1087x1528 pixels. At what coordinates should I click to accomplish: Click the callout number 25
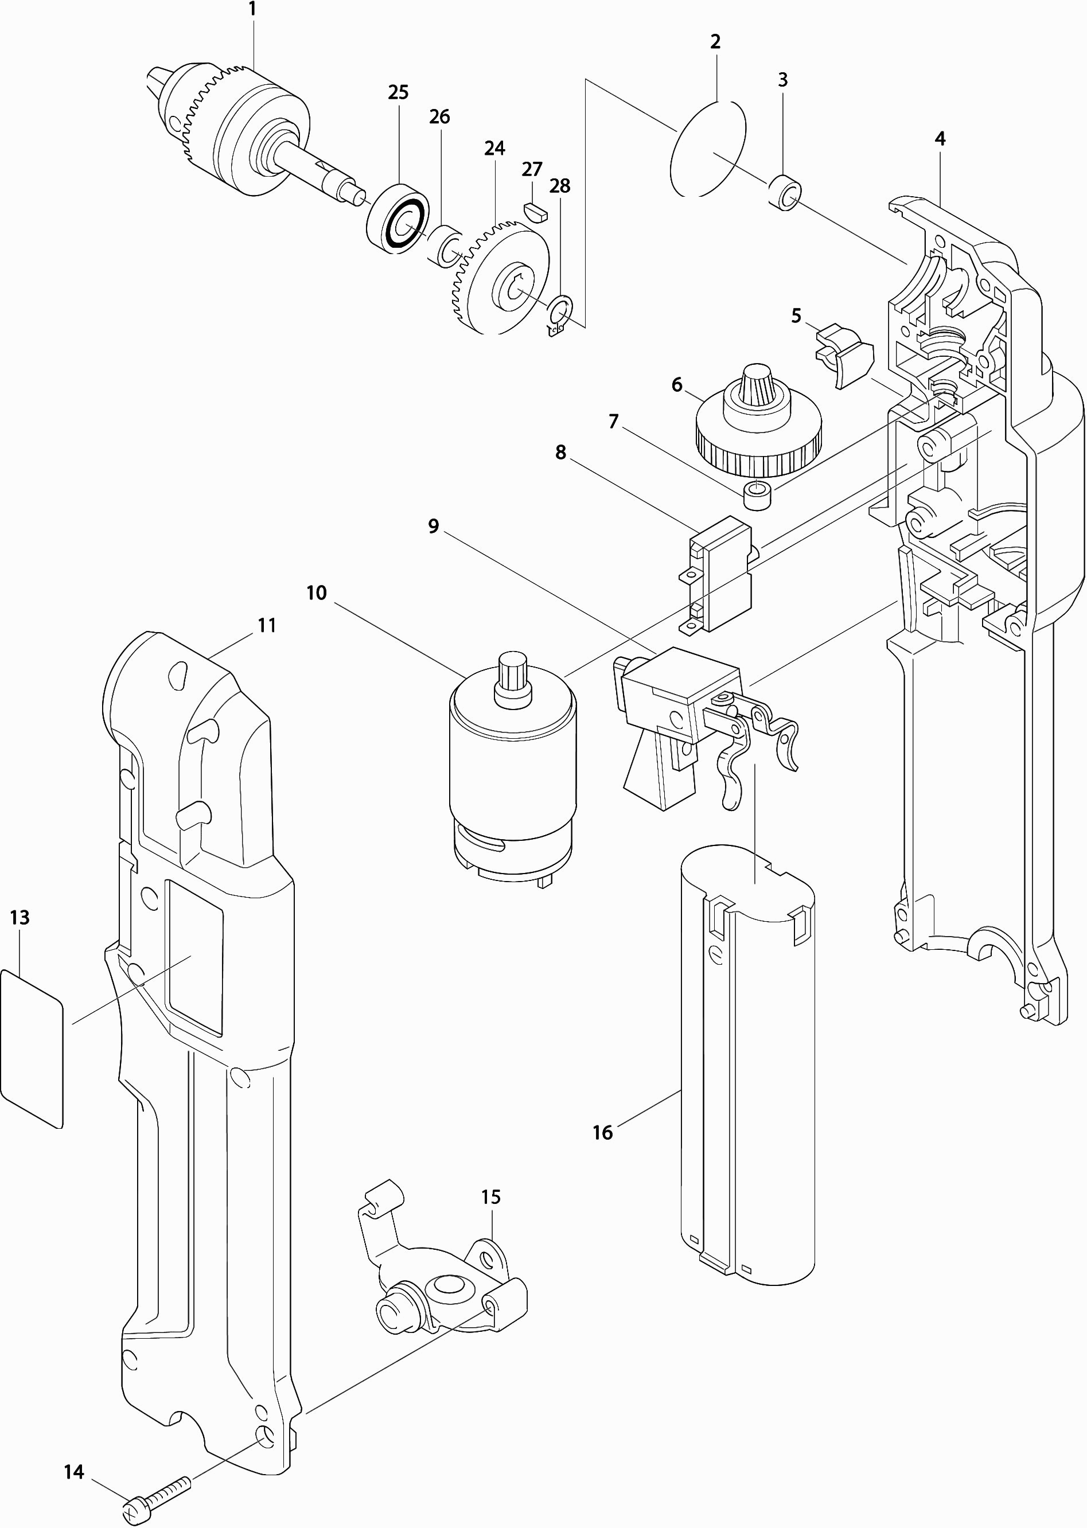(x=398, y=92)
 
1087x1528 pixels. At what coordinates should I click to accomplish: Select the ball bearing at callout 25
(x=398, y=217)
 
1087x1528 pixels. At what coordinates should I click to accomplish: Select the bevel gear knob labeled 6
(x=757, y=422)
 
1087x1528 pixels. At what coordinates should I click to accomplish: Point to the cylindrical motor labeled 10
(x=512, y=770)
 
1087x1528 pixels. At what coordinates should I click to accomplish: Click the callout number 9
(x=434, y=526)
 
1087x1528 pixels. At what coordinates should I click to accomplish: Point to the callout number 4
(x=940, y=139)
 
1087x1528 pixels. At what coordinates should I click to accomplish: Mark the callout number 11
(x=267, y=625)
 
